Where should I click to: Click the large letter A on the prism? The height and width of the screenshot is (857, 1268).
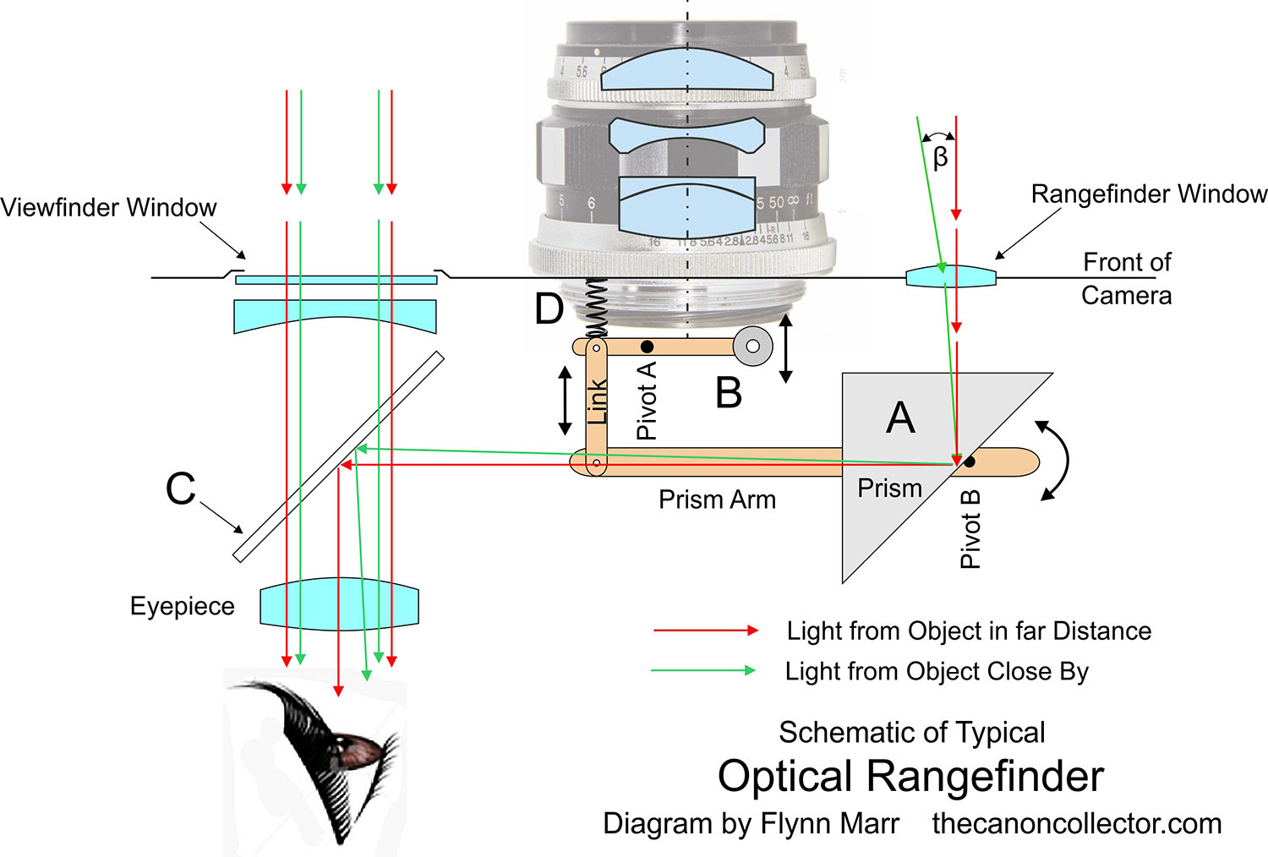[x=900, y=418]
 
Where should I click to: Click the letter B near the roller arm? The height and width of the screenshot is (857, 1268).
[x=729, y=393]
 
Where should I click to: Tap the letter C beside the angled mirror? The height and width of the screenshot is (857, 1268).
[x=181, y=489]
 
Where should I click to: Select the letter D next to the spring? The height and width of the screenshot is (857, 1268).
[x=549, y=309]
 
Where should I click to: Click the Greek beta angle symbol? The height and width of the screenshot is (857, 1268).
[x=940, y=157]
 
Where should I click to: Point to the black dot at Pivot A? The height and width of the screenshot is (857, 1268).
[x=647, y=347]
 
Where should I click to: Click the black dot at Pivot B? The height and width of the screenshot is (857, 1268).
[x=970, y=462]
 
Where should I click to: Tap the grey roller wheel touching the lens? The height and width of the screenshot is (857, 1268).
[x=752, y=346]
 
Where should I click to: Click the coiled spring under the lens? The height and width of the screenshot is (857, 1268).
[x=598, y=306]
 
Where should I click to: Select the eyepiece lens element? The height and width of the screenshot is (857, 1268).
[x=339, y=604]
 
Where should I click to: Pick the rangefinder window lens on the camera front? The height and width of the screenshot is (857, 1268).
[x=951, y=276]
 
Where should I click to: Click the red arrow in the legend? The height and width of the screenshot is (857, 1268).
[x=705, y=630]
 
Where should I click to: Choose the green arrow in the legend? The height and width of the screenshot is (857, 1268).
[x=703, y=671]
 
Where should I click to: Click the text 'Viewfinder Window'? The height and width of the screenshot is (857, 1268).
[x=108, y=208]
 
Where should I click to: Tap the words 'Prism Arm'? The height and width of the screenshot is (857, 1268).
[x=717, y=499]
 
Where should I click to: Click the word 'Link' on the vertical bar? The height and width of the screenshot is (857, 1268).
[x=598, y=401]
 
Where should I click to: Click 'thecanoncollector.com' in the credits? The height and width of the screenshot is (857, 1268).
[x=1076, y=823]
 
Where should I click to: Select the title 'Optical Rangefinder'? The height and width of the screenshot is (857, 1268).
[x=910, y=776]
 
